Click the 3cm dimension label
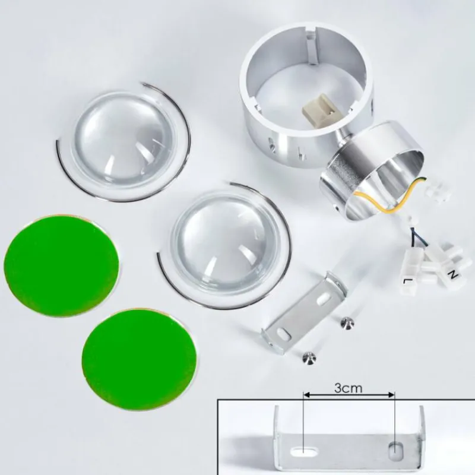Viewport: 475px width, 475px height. coord(348,388)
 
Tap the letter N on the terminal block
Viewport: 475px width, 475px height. coord(453,275)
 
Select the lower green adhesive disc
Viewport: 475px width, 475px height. coord(140,359)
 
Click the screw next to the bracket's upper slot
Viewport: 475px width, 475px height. coord(346,323)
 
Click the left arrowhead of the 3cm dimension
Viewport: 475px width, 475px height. coord(306,394)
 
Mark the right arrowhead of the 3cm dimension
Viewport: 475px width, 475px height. coord(391,394)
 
